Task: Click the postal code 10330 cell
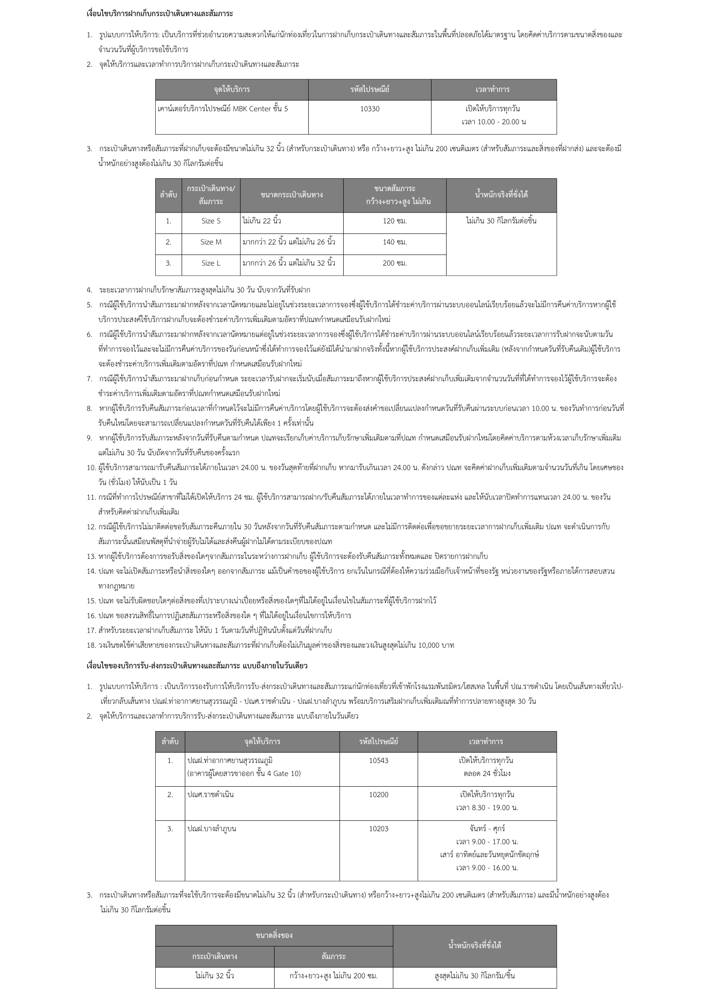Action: tap(370, 109)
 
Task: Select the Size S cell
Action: tap(211, 221)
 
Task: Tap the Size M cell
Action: tap(211, 242)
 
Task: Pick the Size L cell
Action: tap(211, 263)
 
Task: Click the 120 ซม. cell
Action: tap(395, 221)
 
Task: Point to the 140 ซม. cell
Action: tap(395, 242)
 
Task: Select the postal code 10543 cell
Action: tap(379, 760)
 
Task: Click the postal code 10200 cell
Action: tap(379, 794)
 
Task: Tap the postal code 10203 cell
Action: tap(379, 828)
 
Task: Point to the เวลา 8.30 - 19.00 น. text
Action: tap(487, 808)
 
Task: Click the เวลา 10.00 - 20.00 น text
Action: tap(494, 122)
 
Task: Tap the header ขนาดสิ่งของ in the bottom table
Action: tap(274, 936)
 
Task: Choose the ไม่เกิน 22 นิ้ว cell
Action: tap(262, 221)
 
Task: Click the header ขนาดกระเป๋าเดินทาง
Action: tap(292, 195)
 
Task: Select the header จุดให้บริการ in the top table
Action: tap(232, 89)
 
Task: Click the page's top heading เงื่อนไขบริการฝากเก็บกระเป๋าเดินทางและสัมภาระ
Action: tap(160, 14)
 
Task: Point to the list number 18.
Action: tap(92, 645)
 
